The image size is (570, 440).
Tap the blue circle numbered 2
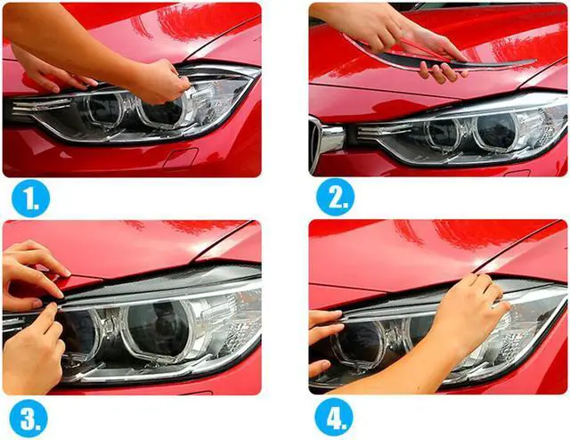335,199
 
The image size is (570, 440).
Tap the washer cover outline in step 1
180,159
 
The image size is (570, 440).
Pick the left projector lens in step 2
440,133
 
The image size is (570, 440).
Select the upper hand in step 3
31,267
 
